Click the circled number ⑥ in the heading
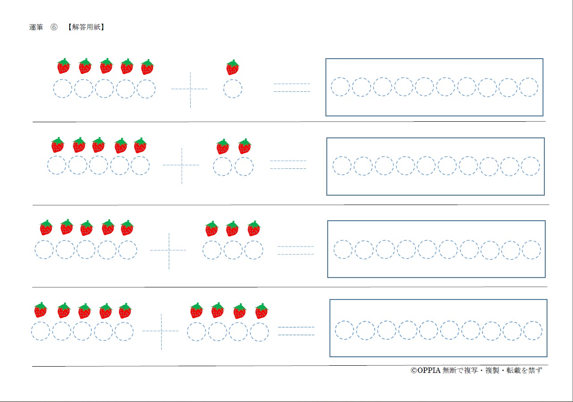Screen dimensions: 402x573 tap(54, 27)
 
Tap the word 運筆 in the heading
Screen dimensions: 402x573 tap(36, 27)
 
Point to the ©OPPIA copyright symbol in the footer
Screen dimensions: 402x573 tap(414, 371)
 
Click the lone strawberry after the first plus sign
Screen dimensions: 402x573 tap(232, 68)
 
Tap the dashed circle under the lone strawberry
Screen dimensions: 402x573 tap(233, 89)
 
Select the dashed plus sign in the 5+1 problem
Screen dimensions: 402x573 tap(190, 89)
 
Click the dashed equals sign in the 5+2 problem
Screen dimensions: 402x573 tap(288, 165)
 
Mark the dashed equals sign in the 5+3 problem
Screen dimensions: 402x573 tap(295, 250)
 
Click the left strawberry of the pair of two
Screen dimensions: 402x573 tap(222, 147)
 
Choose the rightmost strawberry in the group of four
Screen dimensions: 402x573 tap(261, 311)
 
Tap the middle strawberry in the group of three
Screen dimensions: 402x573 tap(232, 229)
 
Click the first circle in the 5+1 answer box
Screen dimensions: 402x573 tap(340, 87)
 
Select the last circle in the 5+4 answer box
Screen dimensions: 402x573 tap(533, 330)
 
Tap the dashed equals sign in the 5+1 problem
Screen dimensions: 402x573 tap(292, 88)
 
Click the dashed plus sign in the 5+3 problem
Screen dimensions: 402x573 tap(169, 250)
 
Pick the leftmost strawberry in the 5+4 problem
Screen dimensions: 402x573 tap(40, 310)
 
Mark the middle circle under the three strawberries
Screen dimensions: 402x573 tap(233, 250)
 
